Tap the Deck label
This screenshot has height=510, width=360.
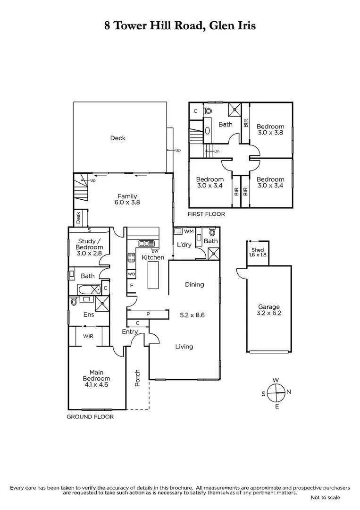point(118,138)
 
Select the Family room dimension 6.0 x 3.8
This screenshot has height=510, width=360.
point(127,202)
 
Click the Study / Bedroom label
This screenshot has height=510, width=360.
point(90,244)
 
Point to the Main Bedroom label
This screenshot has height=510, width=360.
point(96,375)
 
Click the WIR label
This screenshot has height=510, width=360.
point(88,336)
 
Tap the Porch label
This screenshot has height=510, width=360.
point(138,377)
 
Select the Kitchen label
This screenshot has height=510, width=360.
point(153,257)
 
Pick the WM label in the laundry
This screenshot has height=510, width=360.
point(189,231)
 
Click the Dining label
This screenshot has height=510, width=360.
point(194,284)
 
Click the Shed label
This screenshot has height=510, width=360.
point(258,250)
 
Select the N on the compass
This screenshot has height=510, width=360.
point(289,391)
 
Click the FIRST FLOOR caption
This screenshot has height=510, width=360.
point(206,214)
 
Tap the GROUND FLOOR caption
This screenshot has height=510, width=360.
point(90,417)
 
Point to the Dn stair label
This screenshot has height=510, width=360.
point(217,151)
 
